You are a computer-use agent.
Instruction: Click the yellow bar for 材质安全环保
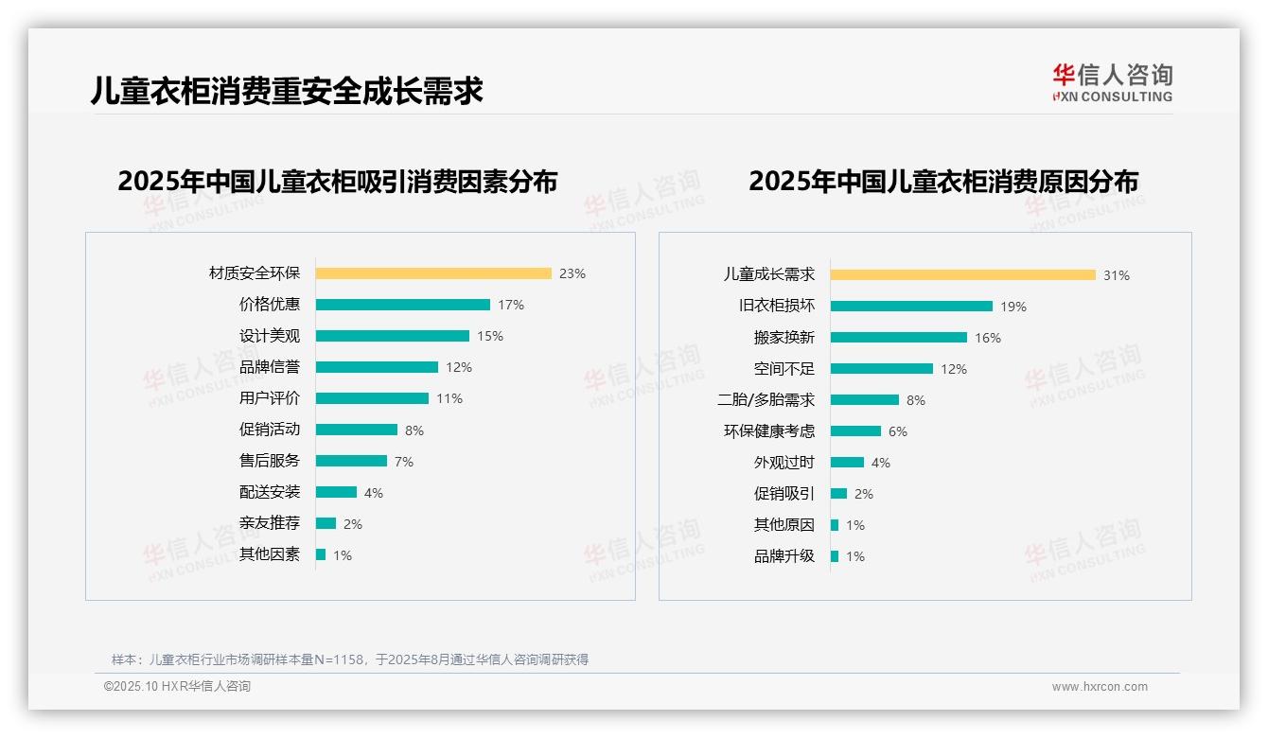tap(433, 273)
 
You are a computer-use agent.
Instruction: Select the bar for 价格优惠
tap(403, 305)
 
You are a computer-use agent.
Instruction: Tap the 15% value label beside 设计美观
tap(490, 336)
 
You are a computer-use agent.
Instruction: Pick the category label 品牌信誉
tap(270, 367)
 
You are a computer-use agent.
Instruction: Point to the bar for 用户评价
tap(372, 398)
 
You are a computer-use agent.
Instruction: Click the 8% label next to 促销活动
tap(414, 430)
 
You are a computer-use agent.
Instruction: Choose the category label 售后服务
tap(270, 461)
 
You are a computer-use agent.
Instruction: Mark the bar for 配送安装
tap(336, 492)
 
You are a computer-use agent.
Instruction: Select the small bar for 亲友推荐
tap(326, 523)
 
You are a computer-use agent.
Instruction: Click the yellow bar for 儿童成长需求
tap(962, 274)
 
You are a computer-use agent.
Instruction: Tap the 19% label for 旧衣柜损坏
tap(1013, 307)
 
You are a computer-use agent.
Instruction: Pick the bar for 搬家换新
tap(899, 338)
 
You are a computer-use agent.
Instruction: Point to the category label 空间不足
tap(784, 369)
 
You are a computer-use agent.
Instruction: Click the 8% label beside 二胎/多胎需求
tap(916, 400)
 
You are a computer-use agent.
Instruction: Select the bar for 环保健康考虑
tap(855, 431)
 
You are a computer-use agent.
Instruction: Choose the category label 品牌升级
tap(784, 556)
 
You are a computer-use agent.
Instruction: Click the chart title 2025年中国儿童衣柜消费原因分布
tap(942, 182)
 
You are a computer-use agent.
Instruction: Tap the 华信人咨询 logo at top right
tap(1112, 83)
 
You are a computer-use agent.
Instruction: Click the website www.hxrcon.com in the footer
tap(1100, 687)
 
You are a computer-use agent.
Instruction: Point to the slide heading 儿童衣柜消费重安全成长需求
tap(287, 91)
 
